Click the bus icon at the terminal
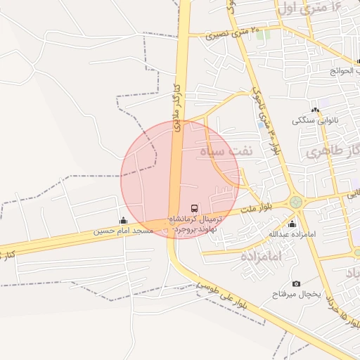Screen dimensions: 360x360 [x=195, y=208]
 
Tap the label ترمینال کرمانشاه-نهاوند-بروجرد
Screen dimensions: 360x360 [x=195, y=224]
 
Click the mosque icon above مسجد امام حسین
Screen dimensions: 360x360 [x=124, y=220]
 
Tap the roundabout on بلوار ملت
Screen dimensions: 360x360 [x=297, y=202]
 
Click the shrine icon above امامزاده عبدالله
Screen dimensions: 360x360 [x=292, y=224]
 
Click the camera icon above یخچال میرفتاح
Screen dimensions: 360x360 [x=296, y=283]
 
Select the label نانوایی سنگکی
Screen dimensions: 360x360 [x=315, y=120]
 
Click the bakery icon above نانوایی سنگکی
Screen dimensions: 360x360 [x=315, y=110]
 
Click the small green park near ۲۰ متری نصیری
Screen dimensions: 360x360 [x=264, y=34]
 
